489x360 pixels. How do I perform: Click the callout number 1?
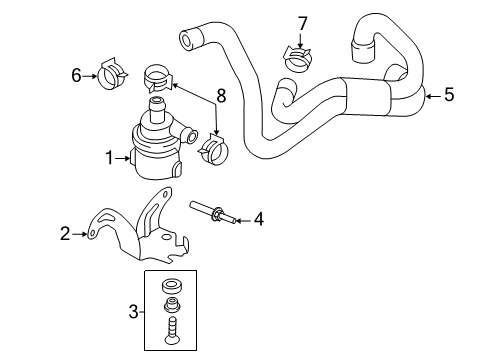(110, 158)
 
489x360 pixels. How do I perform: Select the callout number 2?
(65, 233)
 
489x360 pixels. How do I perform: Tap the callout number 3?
(133, 312)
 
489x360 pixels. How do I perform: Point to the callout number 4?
(259, 220)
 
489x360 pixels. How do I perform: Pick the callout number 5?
(449, 94)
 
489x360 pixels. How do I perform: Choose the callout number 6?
(76, 75)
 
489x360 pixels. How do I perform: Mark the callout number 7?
(302, 24)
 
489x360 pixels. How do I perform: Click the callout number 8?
(221, 96)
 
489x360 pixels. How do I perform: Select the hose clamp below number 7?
(298, 59)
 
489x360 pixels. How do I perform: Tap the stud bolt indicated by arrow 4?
(213, 212)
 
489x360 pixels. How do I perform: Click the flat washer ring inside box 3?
(171, 286)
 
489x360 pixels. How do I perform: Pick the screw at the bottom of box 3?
(171, 331)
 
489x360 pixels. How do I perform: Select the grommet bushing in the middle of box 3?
(171, 303)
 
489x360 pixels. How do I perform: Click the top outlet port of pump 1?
(156, 109)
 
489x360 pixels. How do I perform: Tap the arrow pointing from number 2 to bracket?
(79, 234)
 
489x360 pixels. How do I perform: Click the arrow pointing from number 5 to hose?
(433, 96)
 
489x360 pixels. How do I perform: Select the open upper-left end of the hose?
(186, 40)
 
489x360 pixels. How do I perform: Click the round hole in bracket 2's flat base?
(166, 237)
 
